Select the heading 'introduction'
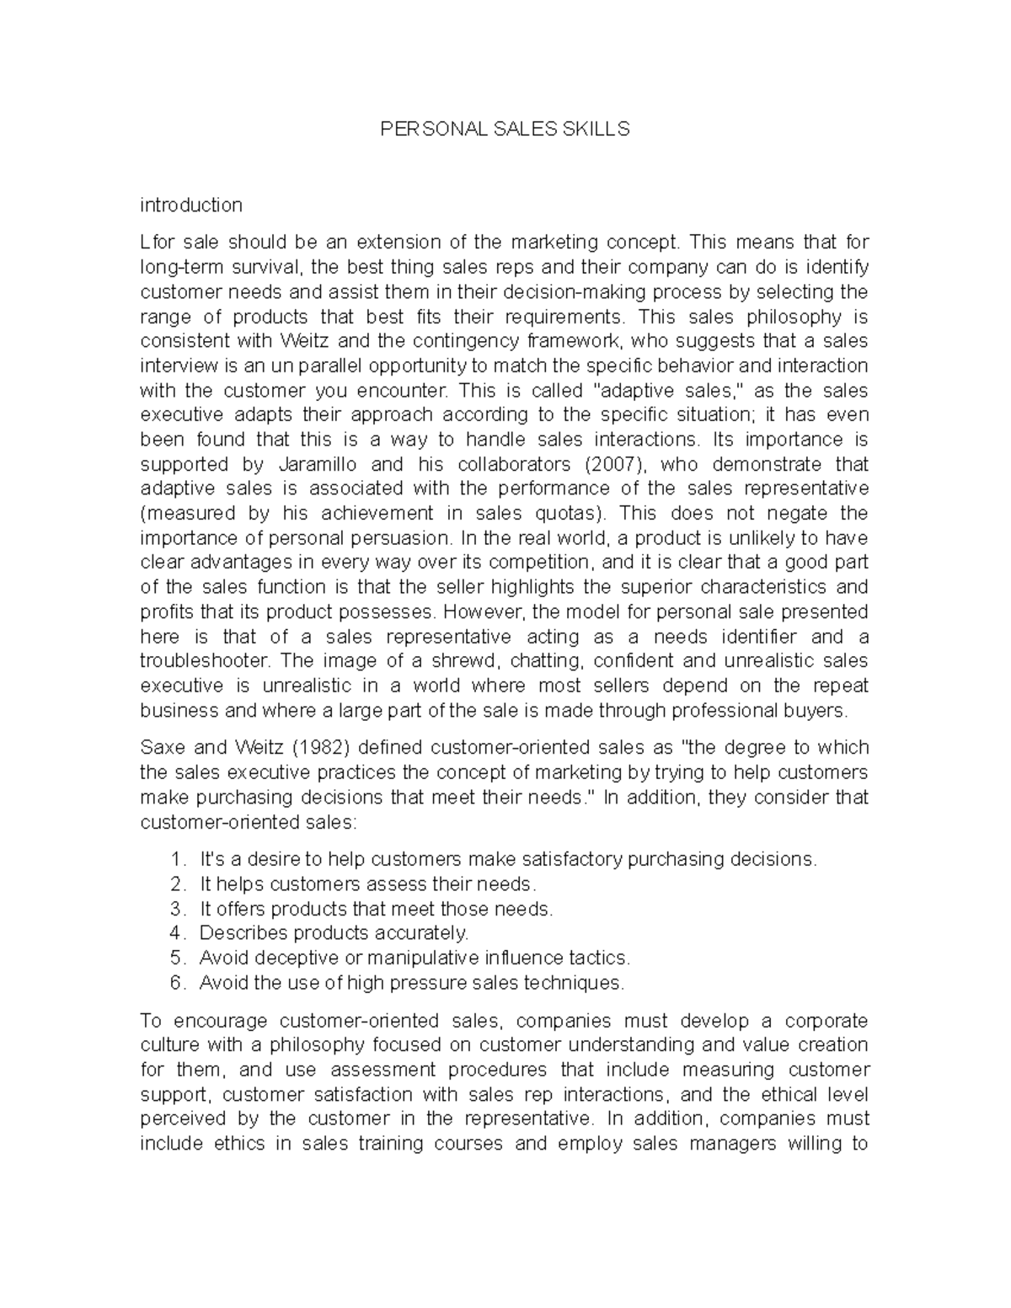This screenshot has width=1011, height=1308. (x=191, y=205)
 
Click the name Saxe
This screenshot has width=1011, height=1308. (x=162, y=748)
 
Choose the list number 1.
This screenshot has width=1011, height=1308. (x=176, y=860)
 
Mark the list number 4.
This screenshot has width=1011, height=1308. (x=176, y=933)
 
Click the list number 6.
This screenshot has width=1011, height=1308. (x=176, y=983)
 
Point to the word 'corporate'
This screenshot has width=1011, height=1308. (x=826, y=1022)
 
